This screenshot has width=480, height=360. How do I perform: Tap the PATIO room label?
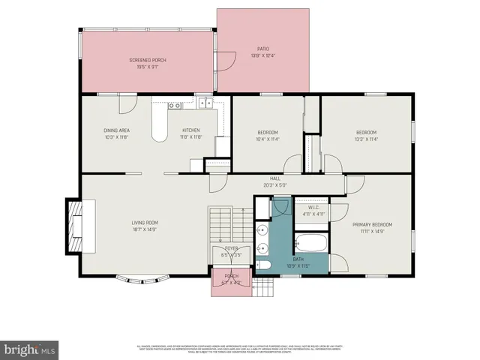262,49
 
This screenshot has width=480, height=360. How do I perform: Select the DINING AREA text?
117,130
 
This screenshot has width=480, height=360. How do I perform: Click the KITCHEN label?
190,130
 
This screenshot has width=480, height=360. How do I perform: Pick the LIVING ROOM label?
145,222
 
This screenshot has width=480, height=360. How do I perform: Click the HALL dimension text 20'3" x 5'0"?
274,185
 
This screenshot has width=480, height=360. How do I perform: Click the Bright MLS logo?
30,349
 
